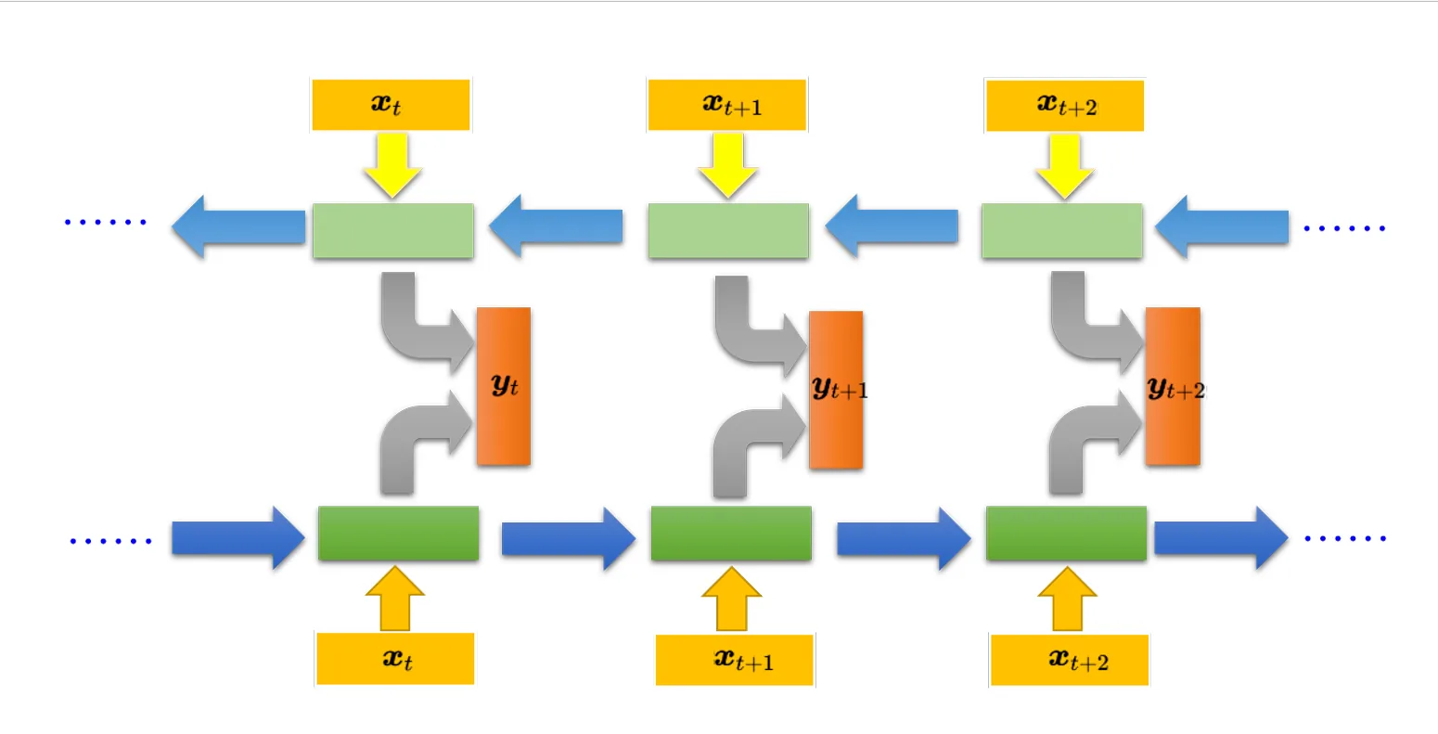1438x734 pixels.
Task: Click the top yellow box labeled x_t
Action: (391, 105)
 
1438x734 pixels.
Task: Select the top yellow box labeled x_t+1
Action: (727, 105)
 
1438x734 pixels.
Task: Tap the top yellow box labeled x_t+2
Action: (1065, 105)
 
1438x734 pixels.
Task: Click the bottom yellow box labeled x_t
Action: (395, 659)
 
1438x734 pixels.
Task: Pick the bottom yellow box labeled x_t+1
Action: (735, 660)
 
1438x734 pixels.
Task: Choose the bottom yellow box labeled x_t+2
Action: (1070, 660)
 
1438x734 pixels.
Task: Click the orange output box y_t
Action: (504, 386)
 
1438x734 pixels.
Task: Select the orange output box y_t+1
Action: (837, 390)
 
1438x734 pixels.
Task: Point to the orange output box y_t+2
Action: (1173, 386)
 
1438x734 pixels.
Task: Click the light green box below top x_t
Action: (393, 231)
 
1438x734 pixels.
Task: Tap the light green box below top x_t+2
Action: (1062, 231)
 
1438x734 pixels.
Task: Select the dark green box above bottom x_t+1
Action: (731, 533)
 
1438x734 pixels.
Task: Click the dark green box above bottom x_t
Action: (399, 533)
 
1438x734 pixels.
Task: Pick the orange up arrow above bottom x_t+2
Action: (1067, 599)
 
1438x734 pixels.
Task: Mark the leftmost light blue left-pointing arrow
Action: (238, 226)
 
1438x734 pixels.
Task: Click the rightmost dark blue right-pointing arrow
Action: (1222, 538)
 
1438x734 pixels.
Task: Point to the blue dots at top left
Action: (106, 222)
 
